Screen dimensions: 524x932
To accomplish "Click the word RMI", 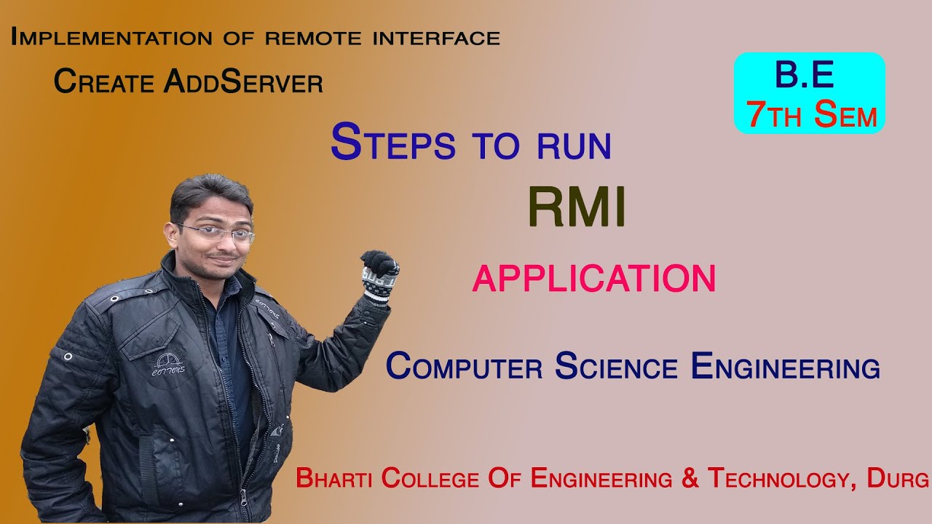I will (577, 207).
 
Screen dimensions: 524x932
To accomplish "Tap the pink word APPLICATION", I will (593, 279).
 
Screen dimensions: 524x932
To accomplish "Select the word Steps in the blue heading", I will (392, 143).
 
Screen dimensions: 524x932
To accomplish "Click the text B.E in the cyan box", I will (804, 76).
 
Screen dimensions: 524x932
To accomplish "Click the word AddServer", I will (243, 82).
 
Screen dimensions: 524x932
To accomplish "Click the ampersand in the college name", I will (690, 479).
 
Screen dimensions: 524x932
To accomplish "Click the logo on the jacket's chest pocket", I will (168, 363).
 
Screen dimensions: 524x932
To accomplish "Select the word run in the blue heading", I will (574, 146).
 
